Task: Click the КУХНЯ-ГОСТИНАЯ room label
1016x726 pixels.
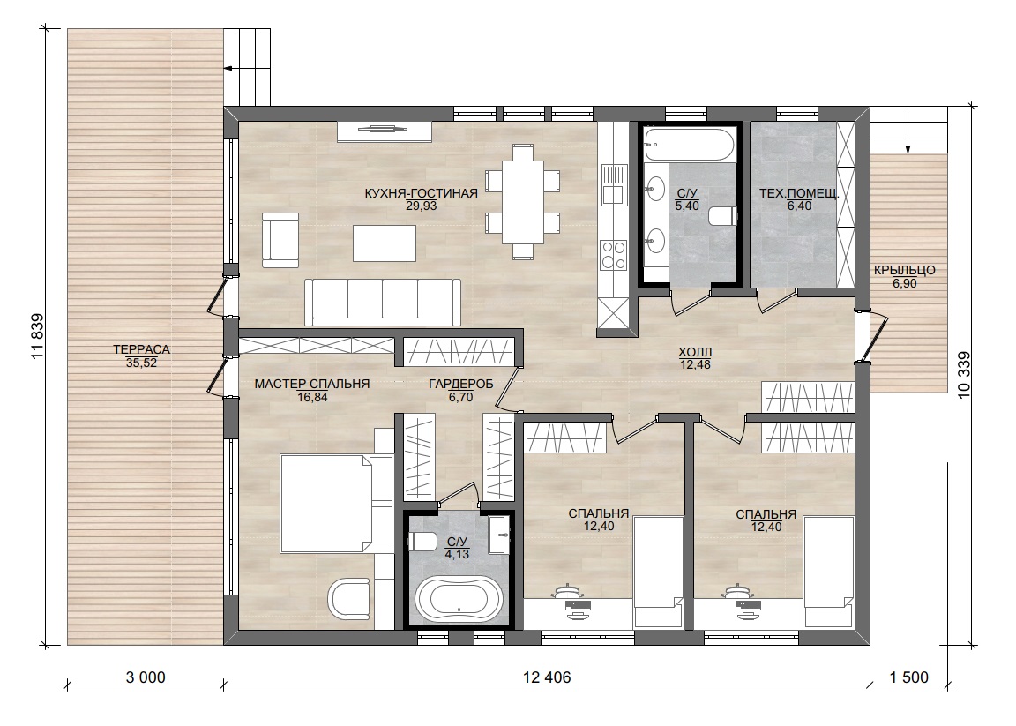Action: pyautogui.click(x=422, y=193)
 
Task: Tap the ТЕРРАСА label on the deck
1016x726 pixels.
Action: pyautogui.click(x=141, y=349)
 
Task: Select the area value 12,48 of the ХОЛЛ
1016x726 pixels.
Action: pyautogui.click(x=695, y=364)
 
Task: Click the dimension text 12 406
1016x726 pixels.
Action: pyautogui.click(x=547, y=677)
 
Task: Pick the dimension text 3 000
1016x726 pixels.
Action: pyautogui.click(x=146, y=677)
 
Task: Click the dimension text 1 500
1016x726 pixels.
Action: pyautogui.click(x=909, y=677)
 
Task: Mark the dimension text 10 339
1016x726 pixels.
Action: pyautogui.click(x=963, y=375)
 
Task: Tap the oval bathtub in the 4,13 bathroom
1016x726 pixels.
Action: pyautogui.click(x=459, y=599)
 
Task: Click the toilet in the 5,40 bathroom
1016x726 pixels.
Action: pyautogui.click(x=722, y=216)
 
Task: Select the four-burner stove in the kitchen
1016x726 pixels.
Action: pyautogui.click(x=613, y=255)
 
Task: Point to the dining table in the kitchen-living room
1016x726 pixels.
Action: pyautogui.click(x=522, y=202)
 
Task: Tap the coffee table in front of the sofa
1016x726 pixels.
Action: pyautogui.click(x=385, y=243)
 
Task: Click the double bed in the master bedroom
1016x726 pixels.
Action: pyautogui.click(x=336, y=504)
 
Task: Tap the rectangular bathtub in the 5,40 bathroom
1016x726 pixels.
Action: pyautogui.click(x=690, y=144)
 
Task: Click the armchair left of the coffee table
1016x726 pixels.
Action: pyautogui.click(x=280, y=240)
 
